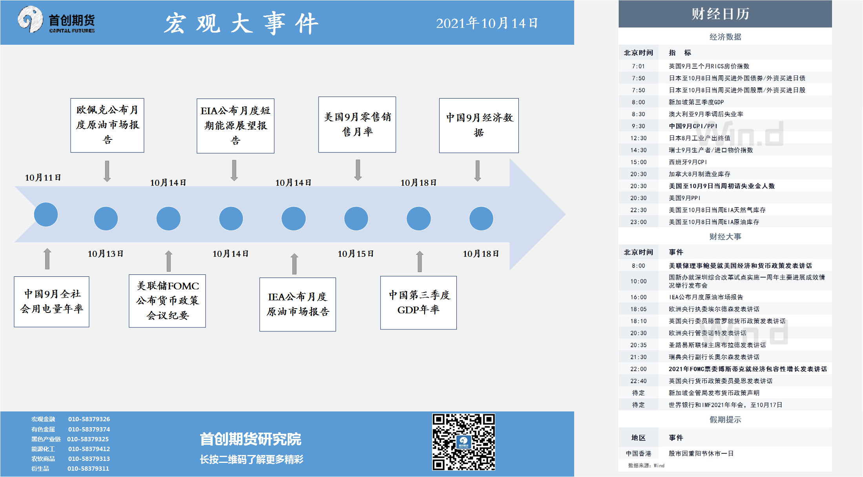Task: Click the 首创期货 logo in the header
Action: point(56,20)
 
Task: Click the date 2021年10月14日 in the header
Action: point(487,23)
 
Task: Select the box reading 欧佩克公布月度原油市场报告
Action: point(107,125)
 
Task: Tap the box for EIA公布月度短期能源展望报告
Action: point(235,126)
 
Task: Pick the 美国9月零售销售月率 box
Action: point(357,124)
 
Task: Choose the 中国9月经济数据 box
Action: point(479,125)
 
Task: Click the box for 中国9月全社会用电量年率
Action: point(51,302)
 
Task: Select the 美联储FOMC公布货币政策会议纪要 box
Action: point(167,301)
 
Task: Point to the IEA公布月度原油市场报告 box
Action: point(297,304)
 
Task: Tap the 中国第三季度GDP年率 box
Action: point(418,302)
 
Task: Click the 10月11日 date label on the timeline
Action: point(43,177)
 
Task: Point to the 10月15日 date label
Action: point(356,254)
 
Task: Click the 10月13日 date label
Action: point(106,254)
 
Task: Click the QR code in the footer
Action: point(463,442)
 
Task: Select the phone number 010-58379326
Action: point(89,419)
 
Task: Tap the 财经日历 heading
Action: point(721,14)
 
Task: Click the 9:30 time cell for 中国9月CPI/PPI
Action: point(638,126)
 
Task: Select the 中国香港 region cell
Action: point(639,453)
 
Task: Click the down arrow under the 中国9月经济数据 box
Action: point(478,171)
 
